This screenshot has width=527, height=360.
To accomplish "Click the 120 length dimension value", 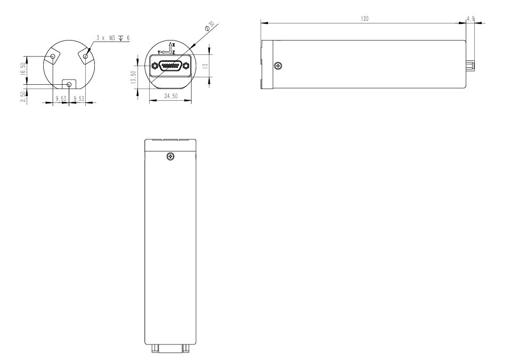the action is [x=364, y=19].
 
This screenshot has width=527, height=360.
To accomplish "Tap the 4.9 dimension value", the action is [x=471, y=19].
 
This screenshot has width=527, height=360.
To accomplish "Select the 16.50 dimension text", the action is [x=23, y=69].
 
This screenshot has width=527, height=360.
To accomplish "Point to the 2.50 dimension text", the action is [x=23, y=97].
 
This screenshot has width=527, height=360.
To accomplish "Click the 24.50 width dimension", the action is [x=171, y=96].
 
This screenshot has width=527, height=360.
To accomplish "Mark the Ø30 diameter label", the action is [x=210, y=26].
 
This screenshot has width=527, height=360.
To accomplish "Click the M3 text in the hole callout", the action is [x=112, y=38].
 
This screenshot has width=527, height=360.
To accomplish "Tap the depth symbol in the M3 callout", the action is [x=120, y=38].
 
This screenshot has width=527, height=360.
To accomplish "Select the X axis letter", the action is [x=174, y=44].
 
